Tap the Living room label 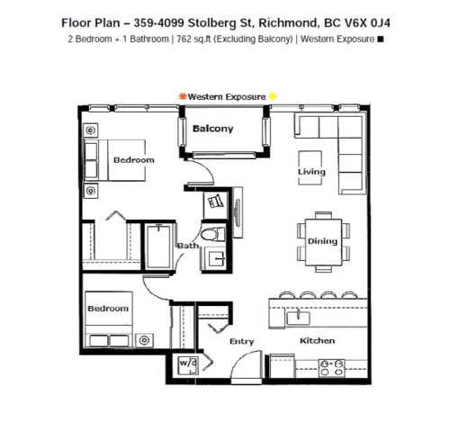click(x=311, y=171)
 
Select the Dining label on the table click(x=322, y=241)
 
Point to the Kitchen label click(x=317, y=341)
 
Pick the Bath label click(x=187, y=245)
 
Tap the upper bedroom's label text click(x=133, y=159)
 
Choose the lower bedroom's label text click(x=107, y=309)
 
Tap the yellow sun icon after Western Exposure click(x=274, y=94)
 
